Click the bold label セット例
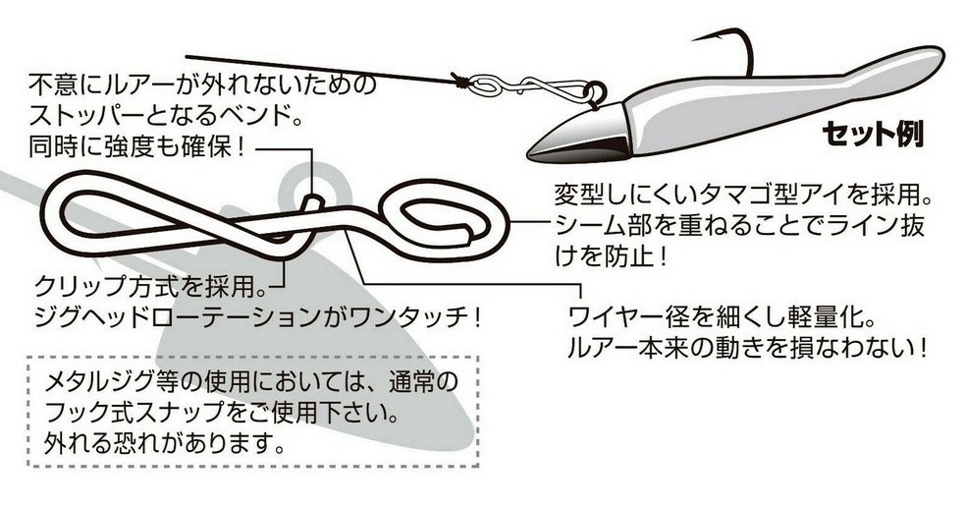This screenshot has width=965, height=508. [871, 133]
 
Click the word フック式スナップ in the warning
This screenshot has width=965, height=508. [137, 408]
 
